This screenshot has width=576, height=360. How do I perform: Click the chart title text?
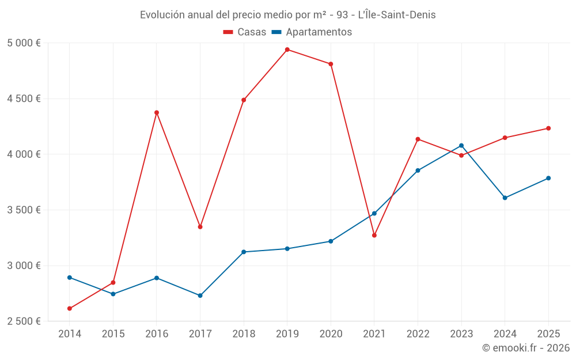pyautogui.click(x=287, y=15)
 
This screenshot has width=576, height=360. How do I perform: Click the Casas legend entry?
pyautogui.click(x=245, y=32)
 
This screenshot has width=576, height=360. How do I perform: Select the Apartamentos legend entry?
pyautogui.click(x=312, y=32)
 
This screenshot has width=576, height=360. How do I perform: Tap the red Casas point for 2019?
pyautogui.click(x=287, y=50)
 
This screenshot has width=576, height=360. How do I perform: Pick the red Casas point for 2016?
pyautogui.click(x=157, y=112)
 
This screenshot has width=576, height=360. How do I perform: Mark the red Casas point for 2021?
pyautogui.click(x=374, y=235)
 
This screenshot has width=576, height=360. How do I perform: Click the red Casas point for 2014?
pyautogui.click(x=70, y=308)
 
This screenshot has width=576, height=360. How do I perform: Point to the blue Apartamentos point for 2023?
pyautogui.click(x=461, y=146)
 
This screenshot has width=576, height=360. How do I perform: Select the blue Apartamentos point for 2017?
pyautogui.click(x=200, y=295)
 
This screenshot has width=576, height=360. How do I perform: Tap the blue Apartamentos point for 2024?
pyautogui.click(x=505, y=198)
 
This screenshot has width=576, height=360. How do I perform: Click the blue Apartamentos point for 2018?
pyautogui.click(x=244, y=252)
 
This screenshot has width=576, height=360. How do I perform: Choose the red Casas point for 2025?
pyautogui.click(x=548, y=128)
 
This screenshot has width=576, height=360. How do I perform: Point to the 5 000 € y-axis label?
pyautogui.click(x=24, y=43)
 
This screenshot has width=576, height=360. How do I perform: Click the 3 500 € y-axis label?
pyautogui.click(x=24, y=210)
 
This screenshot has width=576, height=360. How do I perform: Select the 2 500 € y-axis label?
pyautogui.click(x=24, y=321)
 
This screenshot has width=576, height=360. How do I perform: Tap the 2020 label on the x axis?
pyautogui.click(x=331, y=334)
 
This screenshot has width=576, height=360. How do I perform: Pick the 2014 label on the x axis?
pyautogui.click(x=70, y=334)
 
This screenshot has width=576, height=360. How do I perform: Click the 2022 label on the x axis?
pyautogui.click(x=418, y=334)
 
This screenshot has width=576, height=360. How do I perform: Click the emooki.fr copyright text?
pyautogui.click(x=525, y=348)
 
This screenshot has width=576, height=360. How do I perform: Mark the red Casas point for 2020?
pyautogui.click(x=331, y=64)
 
